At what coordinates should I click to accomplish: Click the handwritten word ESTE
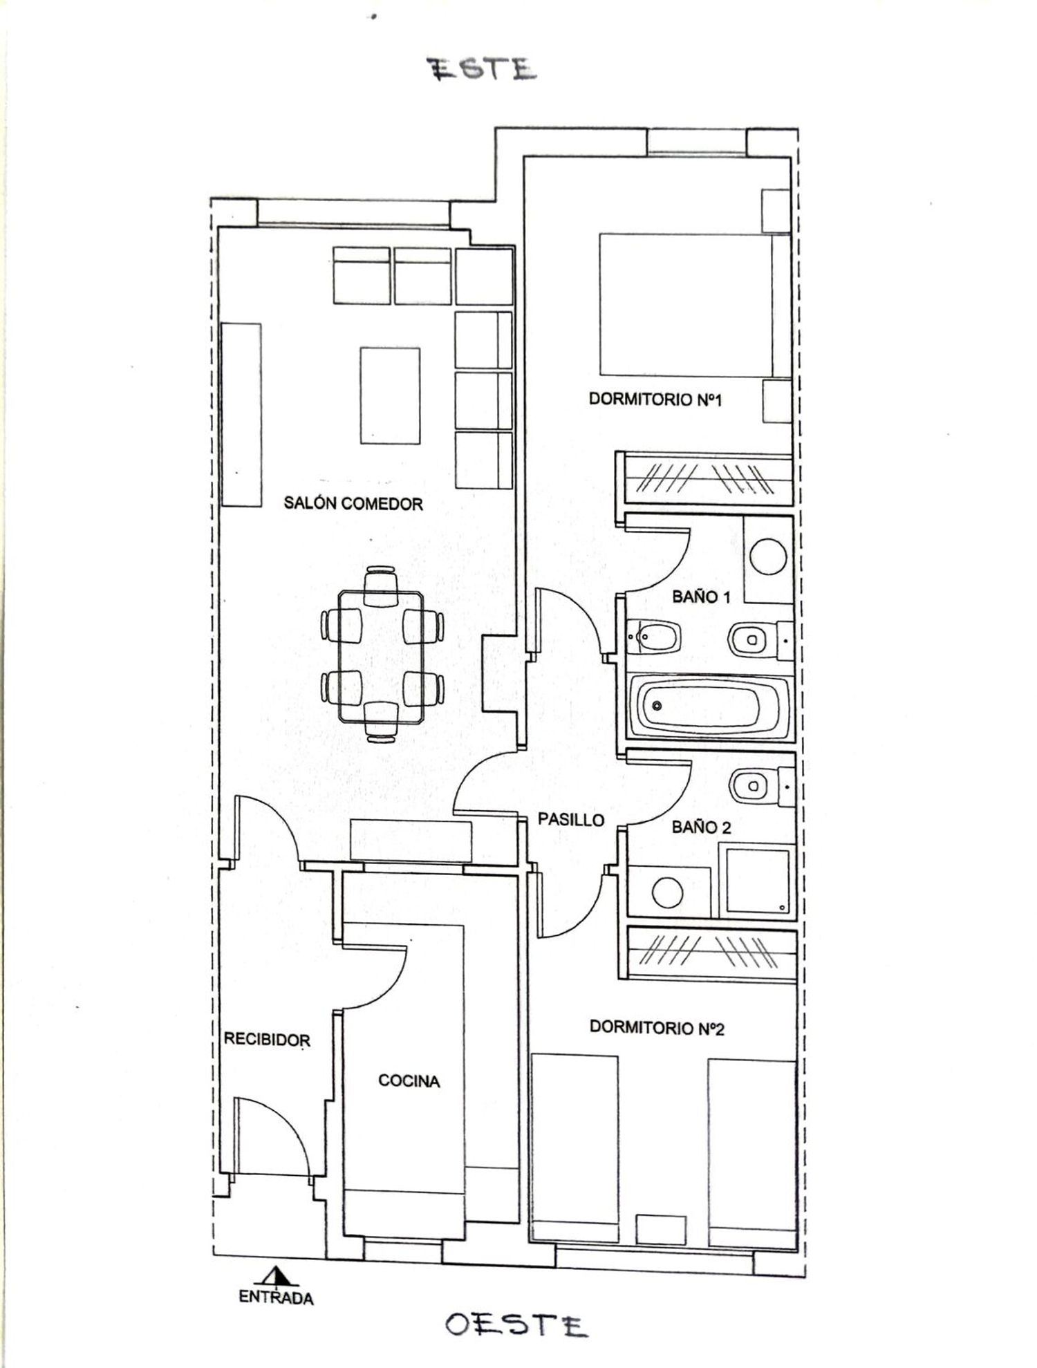tap(483, 69)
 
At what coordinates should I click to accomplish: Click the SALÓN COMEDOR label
tap(353, 503)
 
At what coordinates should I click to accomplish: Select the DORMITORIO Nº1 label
tap(655, 400)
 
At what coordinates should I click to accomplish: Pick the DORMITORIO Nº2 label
tap(657, 1028)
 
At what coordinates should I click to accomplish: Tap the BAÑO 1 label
tap(701, 597)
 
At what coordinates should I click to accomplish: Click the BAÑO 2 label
tap(702, 827)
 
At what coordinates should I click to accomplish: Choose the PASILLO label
tap(571, 820)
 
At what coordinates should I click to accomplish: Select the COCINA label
tap(409, 1080)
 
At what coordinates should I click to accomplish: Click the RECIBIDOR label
tap(267, 1040)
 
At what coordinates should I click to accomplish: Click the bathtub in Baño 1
tap(709, 706)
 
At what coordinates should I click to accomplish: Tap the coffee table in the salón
tap(390, 395)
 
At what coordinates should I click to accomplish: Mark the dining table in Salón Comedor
tap(382, 656)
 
